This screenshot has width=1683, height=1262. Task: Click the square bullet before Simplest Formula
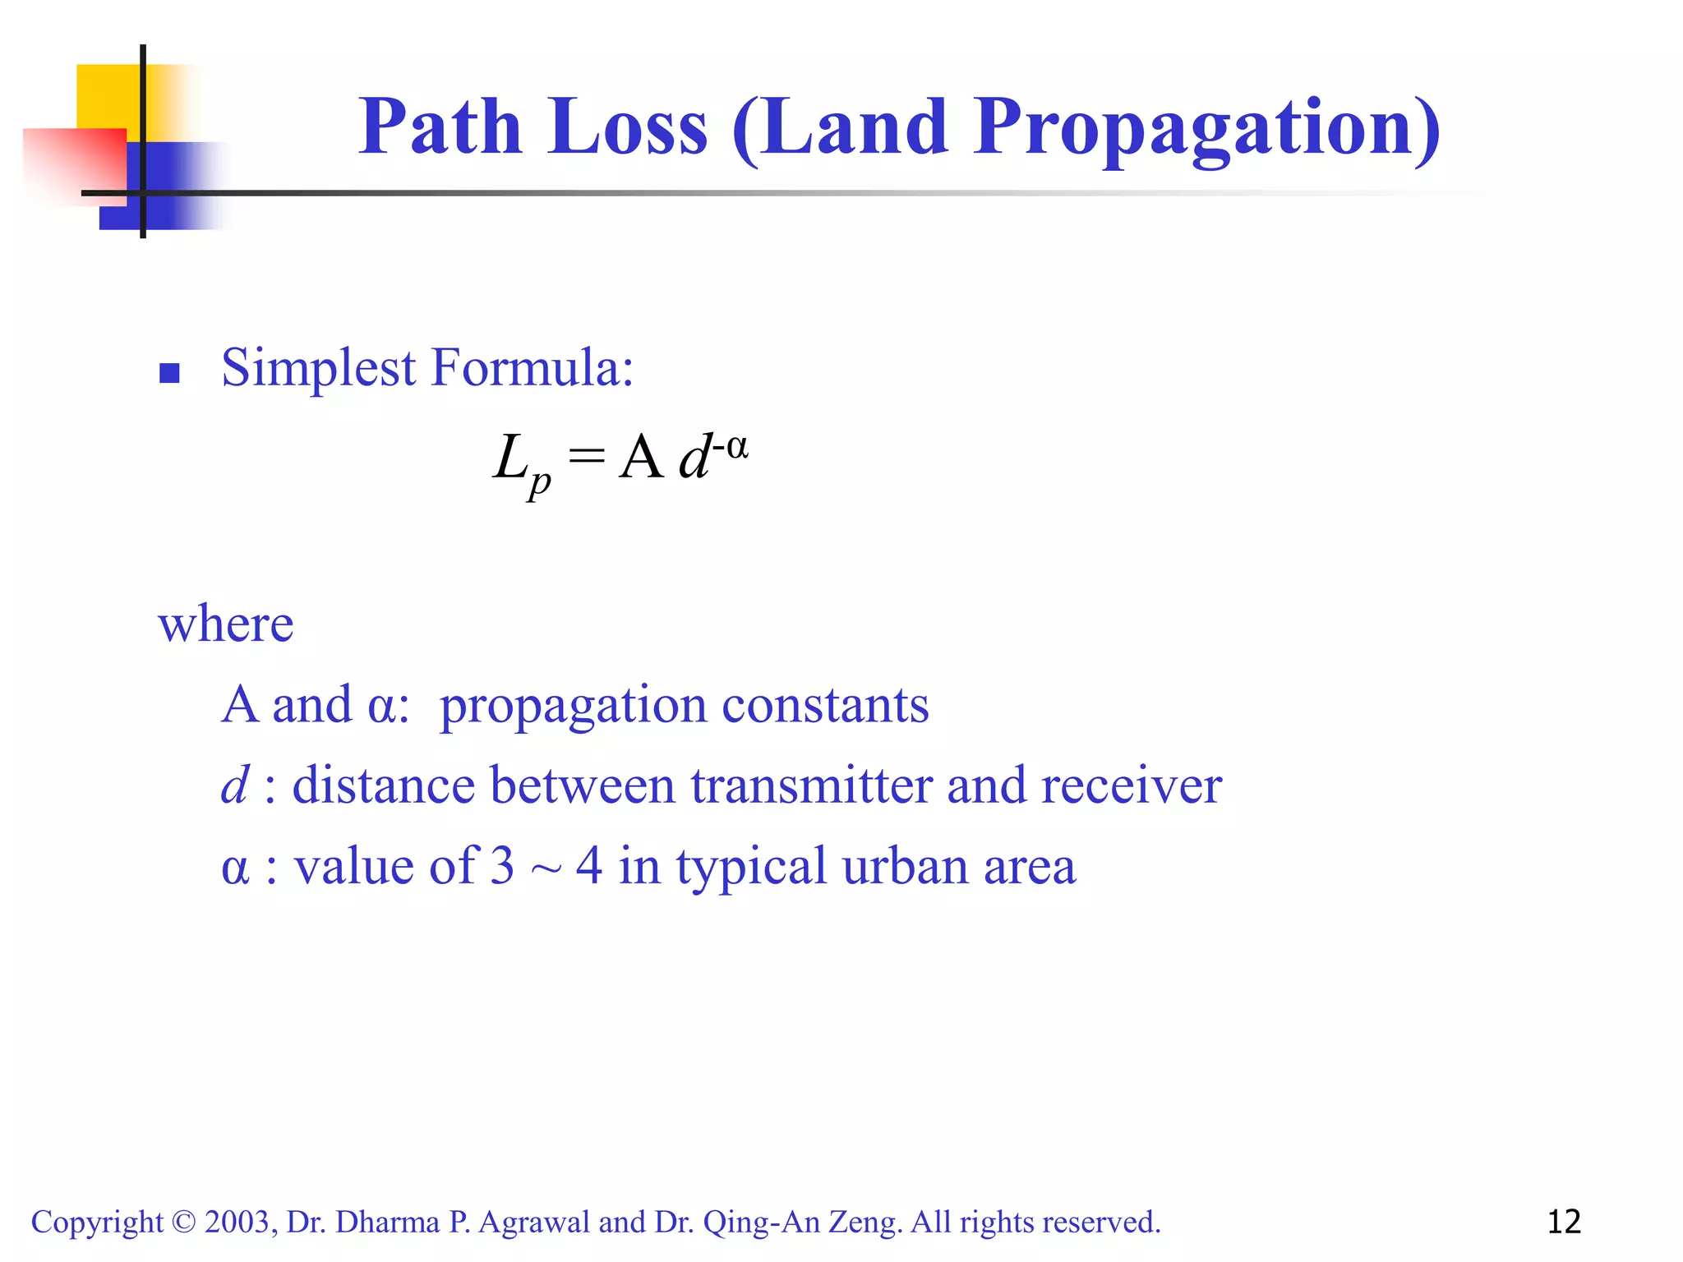(x=169, y=374)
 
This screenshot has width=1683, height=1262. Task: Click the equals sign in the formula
(x=586, y=456)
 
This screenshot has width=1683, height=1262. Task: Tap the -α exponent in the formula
(x=730, y=448)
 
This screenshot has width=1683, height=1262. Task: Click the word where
(x=225, y=624)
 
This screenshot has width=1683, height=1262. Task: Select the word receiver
(x=1132, y=785)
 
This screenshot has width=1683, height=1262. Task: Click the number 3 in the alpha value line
(x=502, y=866)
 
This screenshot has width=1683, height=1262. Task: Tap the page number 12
(x=1564, y=1222)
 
